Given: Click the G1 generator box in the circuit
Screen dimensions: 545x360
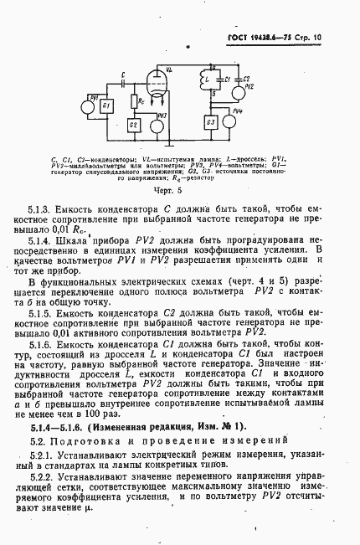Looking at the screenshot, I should pos(106,106).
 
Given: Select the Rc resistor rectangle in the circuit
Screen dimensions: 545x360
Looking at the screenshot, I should pos(135,101).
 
